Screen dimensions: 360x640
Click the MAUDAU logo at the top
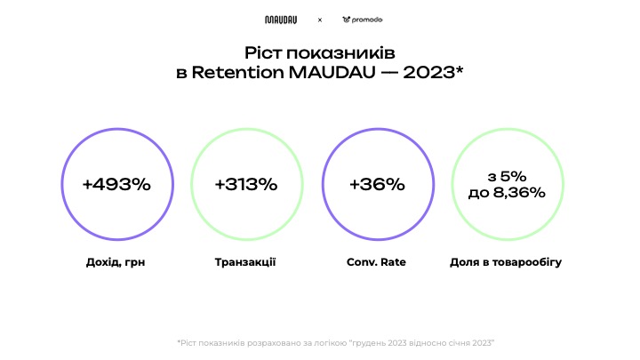tap(281, 20)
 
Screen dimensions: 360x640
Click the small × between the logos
tap(320, 20)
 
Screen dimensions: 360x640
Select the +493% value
tap(116, 184)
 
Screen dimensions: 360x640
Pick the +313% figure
tap(246, 184)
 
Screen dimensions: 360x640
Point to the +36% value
tap(377, 184)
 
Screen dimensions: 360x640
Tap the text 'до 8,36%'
tap(507, 192)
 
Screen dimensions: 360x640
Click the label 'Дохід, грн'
tap(116, 263)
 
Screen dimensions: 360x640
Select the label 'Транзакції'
tap(245, 263)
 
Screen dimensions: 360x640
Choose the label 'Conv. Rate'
tap(377, 263)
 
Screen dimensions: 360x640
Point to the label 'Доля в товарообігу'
tap(507, 263)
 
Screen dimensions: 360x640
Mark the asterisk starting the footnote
tap(179, 341)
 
